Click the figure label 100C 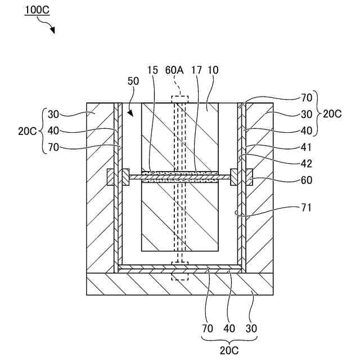(x=35, y=11)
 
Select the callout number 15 (x=152, y=70)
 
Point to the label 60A (x=174, y=70)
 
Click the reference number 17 (x=196, y=70)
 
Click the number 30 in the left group (x=53, y=114)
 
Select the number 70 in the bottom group (x=207, y=327)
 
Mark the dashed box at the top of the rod (x=180, y=100)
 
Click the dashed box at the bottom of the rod (x=180, y=274)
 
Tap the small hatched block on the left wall (x=115, y=178)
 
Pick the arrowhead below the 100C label (x=52, y=30)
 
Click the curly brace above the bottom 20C (x=230, y=338)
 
